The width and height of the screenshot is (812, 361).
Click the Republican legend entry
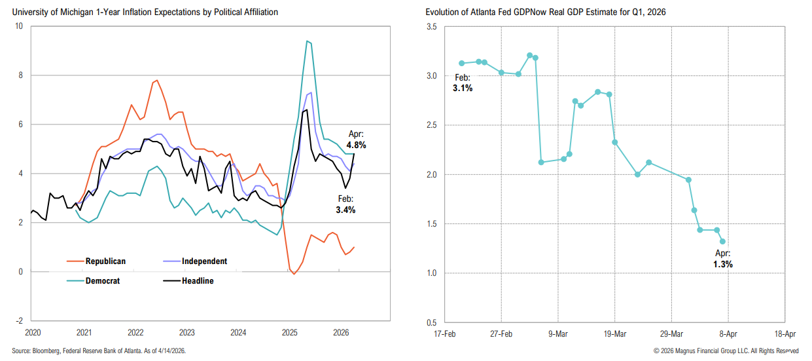(105, 261)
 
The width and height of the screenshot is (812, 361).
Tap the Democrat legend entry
(102, 280)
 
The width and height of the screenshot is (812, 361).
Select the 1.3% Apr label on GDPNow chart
(722, 264)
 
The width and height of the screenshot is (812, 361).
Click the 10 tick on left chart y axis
(18, 26)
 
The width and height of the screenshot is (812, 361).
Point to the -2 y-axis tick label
(18, 321)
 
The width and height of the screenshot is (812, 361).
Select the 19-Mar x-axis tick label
(614, 333)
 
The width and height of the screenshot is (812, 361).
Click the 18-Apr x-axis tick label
(785, 333)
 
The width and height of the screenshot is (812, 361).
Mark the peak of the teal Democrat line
(307, 41)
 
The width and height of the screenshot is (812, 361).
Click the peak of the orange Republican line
(156, 81)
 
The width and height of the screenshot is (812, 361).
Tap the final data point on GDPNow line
(722, 241)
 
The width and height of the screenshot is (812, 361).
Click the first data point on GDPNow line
(461, 63)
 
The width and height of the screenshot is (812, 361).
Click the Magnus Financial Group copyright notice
(726, 351)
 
